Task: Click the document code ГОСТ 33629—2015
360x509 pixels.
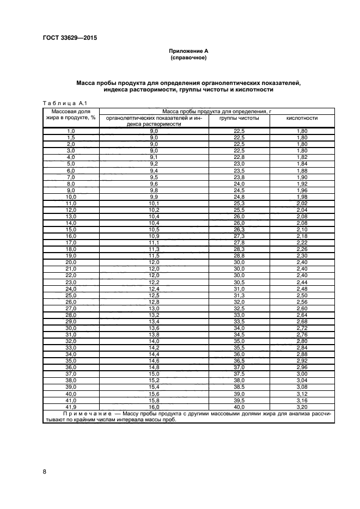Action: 66,38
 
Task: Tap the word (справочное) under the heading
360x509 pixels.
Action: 188,57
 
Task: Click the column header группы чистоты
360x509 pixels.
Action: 239,118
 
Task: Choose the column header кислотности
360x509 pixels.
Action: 302,118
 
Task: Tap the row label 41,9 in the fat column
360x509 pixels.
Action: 71,406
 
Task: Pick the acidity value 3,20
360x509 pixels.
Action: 302,406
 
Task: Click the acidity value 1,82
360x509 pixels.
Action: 302,157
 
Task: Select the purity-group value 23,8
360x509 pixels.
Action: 239,177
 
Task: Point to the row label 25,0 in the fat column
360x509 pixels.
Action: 71,295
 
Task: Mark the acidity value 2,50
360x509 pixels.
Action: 302,295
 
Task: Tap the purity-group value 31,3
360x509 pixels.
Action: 239,295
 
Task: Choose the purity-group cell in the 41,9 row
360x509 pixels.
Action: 239,406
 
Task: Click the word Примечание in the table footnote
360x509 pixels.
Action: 80,414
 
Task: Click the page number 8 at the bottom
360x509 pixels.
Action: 44,471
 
